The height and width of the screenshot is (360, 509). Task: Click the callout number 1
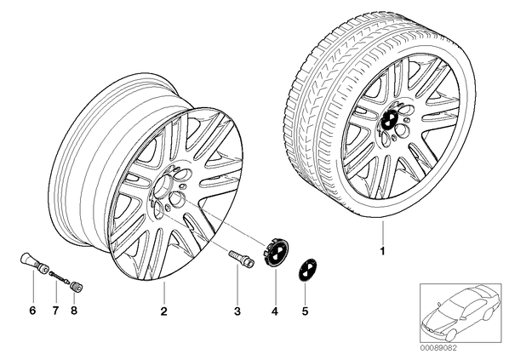[x=382, y=251]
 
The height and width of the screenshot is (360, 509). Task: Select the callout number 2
[x=164, y=311]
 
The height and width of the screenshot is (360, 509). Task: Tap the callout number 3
[x=237, y=311]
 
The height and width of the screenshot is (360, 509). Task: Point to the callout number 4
[x=275, y=311]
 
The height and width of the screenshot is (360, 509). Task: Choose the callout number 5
[x=305, y=311]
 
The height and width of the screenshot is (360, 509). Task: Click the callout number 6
[x=32, y=311]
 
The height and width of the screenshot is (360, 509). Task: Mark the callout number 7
[x=55, y=311]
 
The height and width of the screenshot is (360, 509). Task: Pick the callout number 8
[x=74, y=311]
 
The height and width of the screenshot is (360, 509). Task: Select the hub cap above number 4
[x=276, y=254]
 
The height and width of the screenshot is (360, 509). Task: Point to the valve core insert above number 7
[x=59, y=277]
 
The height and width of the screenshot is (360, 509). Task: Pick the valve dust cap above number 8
[x=77, y=287]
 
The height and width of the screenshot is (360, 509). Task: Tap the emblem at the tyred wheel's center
[x=389, y=119]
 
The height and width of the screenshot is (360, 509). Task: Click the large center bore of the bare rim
[x=162, y=185]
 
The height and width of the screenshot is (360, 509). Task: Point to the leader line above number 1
[x=382, y=232]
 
